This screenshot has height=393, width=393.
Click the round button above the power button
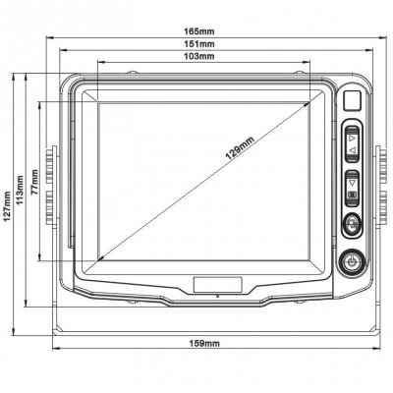(351, 227)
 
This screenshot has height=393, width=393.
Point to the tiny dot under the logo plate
(218, 296)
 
